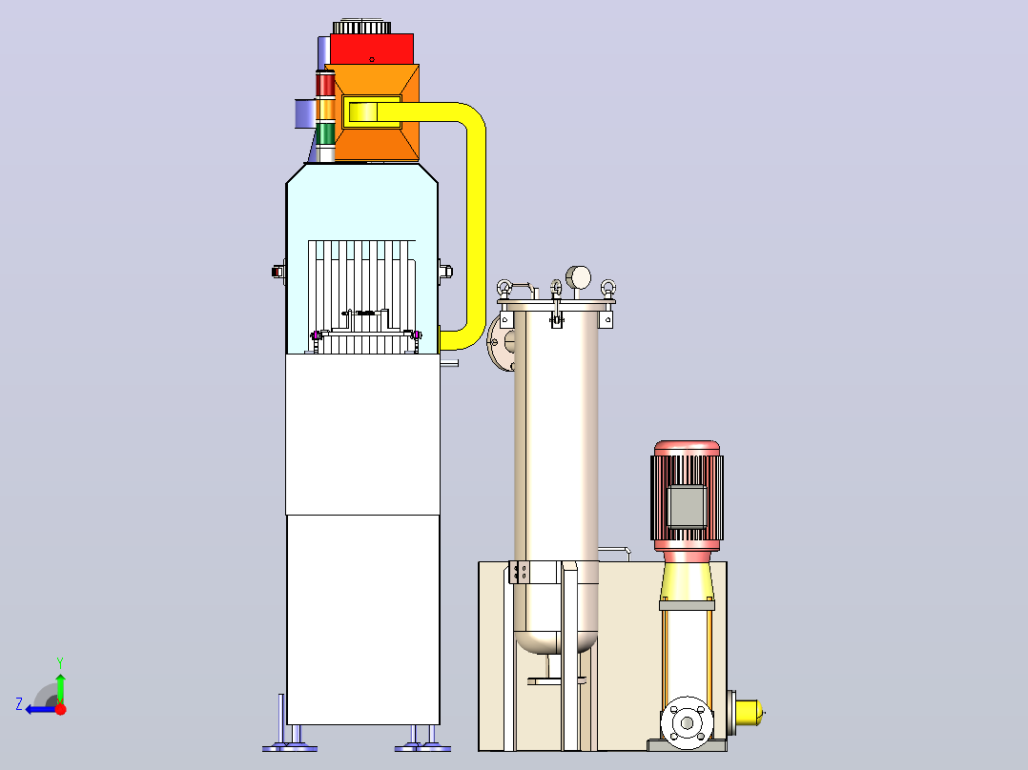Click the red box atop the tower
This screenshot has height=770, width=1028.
[x=372, y=50]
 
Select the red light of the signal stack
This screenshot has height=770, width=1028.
[x=325, y=85]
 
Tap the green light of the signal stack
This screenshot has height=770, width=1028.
[x=325, y=133]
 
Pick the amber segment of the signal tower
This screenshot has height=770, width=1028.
[x=325, y=110]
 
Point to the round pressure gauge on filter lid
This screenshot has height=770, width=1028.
[x=578, y=278]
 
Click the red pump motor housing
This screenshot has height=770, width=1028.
[x=687, y=492]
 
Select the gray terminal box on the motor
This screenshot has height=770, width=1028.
[x=687, y=506]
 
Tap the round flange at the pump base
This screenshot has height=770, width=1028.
[x=687, y=722]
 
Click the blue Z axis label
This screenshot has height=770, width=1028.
[x=19, y=704]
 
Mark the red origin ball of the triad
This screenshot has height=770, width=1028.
[x=60, y=709]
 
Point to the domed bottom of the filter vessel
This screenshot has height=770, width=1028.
[x=556, y=641]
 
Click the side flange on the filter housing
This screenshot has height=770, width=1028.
[x=502, y=341]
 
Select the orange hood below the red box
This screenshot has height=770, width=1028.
[x=377, y=112]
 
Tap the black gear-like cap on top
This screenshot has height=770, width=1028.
[x=362, y=28]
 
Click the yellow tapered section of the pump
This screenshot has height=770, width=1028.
[x=687, y=580]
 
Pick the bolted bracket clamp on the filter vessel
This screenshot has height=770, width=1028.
[x=519, y=572]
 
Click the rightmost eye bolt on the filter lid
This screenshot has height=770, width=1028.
[x=607, y=289]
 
